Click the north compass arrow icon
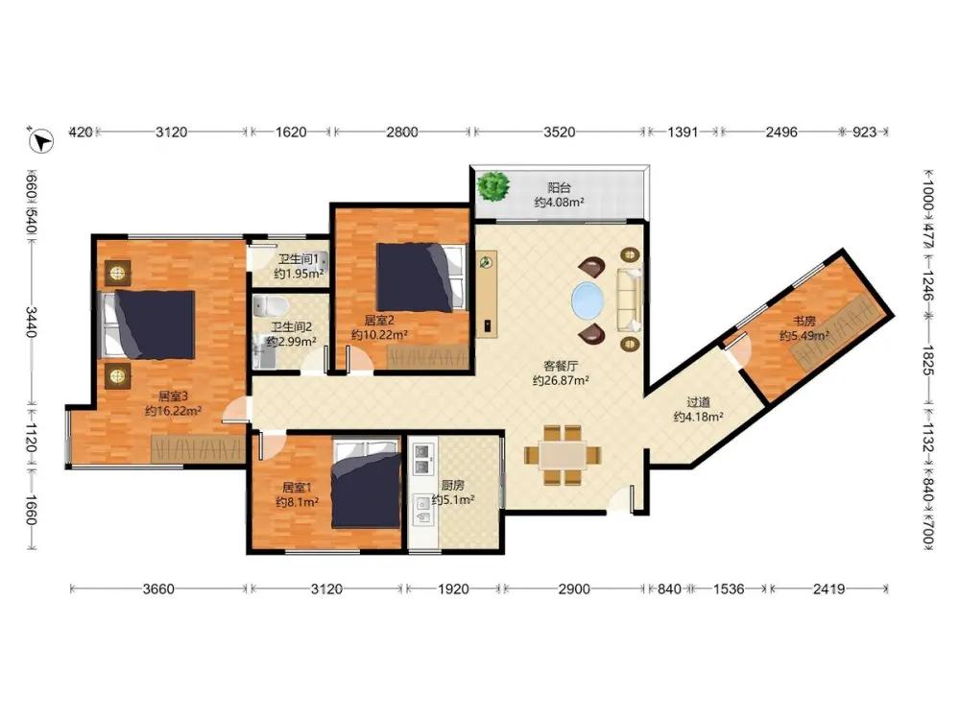(41, 141)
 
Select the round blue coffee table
(588, 300)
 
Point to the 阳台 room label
(559, 188)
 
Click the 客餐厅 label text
(561, 366)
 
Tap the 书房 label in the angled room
(804, 321)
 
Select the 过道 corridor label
(698, 402)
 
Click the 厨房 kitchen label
(452, 486)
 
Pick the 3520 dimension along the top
(559, 132)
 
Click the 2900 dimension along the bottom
(574, 589)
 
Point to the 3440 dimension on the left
(31, 322)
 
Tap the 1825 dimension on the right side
(927, 361)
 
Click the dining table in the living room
(562, 455)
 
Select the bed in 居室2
(420, 277)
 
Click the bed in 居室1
(366, 483)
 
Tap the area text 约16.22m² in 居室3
(173, 411)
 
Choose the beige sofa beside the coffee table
(630, 300)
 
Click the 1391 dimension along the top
(683, 132)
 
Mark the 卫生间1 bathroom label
(299, 259)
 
